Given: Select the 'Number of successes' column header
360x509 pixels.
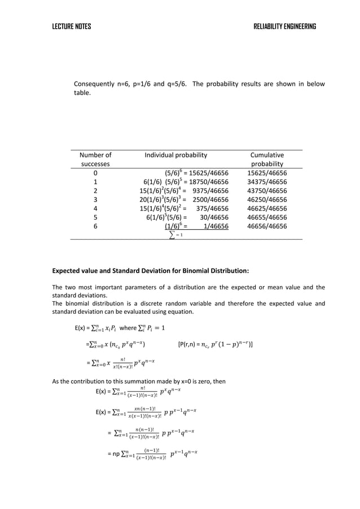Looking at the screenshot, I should point(95,159).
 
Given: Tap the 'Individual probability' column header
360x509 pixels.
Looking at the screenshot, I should point(176,155).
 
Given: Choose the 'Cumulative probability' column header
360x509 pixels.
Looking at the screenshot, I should point(267,159).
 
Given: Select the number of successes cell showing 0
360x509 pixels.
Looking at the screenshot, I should point(95,173).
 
